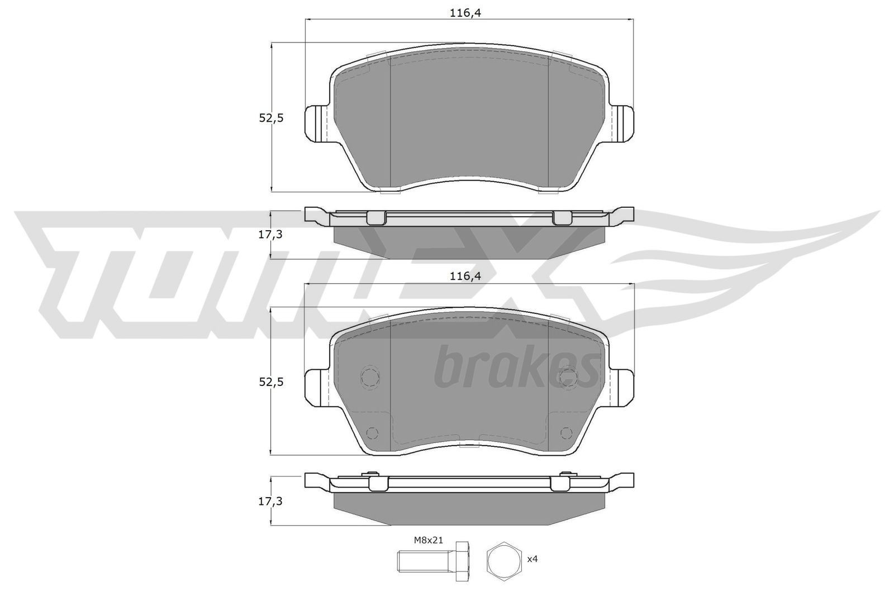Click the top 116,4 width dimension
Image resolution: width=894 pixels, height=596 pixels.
tap(465, 13)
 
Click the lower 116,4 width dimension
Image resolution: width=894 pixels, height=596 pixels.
tap(465, 275)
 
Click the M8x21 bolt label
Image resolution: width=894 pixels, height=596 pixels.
tap(427, 540)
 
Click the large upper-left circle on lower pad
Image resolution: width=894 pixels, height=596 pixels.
tap(370, 377)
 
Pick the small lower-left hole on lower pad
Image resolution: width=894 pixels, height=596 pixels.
tap(371, 432)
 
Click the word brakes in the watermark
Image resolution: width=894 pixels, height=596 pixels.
tap(514, 369)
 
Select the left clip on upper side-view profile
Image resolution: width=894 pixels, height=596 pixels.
tap(377, 218)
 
